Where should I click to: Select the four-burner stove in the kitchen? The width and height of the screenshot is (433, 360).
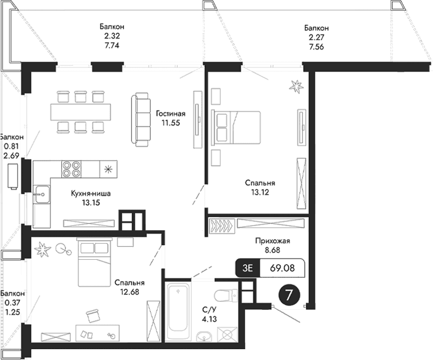(72, 169)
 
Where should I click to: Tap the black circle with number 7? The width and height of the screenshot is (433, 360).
(289, 295)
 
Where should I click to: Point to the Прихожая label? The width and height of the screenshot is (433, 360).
(269, 241)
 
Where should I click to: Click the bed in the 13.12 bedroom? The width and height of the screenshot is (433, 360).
(237, 128)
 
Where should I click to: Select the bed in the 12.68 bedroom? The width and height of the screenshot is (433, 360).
(95, 264)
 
